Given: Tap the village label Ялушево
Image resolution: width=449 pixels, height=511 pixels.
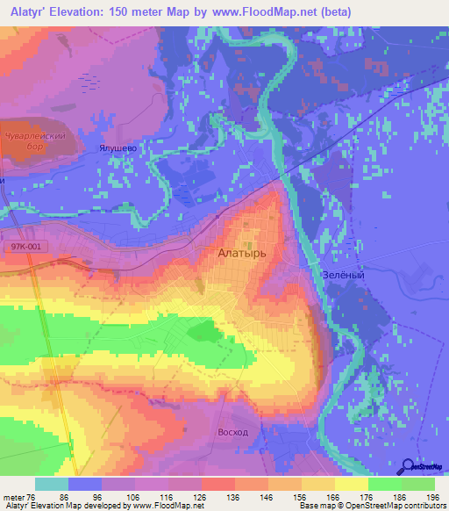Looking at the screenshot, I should pyautogui.click(x=118, y=149).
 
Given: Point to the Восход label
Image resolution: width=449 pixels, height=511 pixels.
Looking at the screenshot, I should pyautogui.click(x=232, y=433).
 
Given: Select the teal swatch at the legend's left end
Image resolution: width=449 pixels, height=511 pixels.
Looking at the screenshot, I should pyautogui.click(x=52, y=484).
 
